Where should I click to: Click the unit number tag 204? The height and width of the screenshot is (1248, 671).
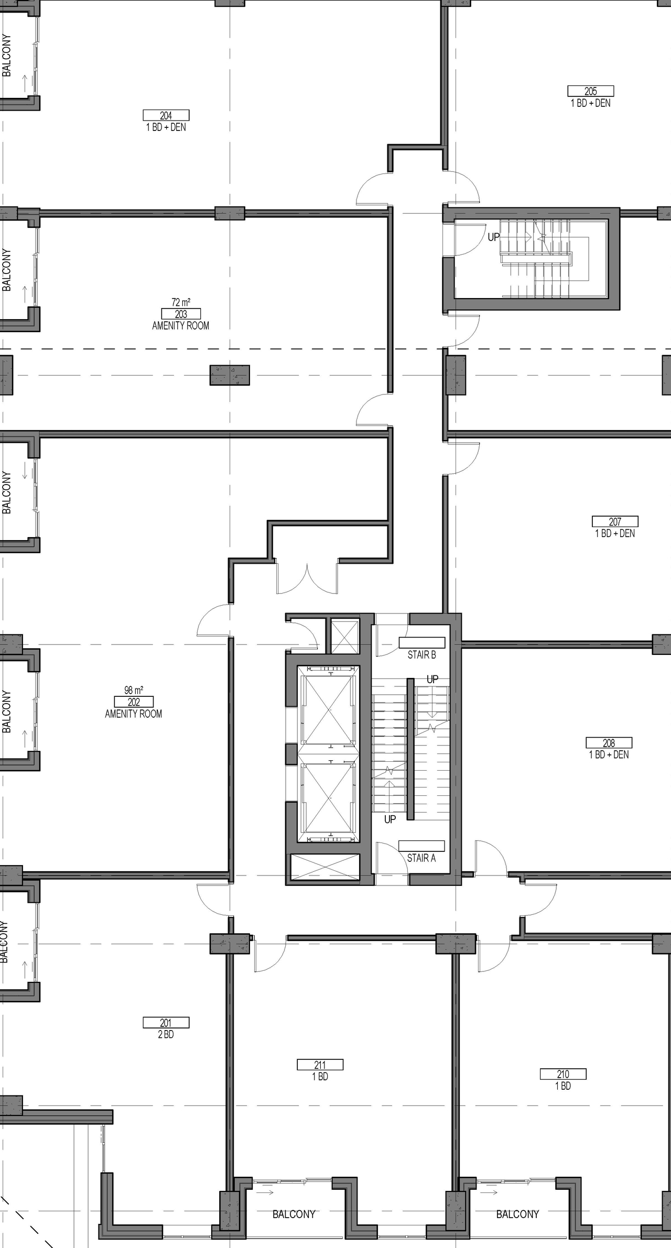166,116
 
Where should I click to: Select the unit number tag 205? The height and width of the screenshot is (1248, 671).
590,91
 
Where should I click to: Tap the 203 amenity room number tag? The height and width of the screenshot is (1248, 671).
181,314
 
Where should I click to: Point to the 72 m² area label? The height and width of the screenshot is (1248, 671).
181,302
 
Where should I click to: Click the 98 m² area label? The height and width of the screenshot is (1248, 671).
134,691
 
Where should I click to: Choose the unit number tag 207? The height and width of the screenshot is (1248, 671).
615,522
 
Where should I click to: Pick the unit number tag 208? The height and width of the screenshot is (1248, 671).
609,743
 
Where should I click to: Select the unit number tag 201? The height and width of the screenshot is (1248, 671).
166,1023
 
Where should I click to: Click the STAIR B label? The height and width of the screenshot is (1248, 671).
422,655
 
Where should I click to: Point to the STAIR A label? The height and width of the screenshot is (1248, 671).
421,858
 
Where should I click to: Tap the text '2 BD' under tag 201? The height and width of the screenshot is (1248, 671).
166,1035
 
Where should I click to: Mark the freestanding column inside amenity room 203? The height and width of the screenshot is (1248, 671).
230,375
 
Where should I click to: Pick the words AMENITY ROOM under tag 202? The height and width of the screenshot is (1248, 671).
134,714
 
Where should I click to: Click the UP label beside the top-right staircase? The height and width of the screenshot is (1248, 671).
494,237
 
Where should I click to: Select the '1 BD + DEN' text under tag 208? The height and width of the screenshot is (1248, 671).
609,755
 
